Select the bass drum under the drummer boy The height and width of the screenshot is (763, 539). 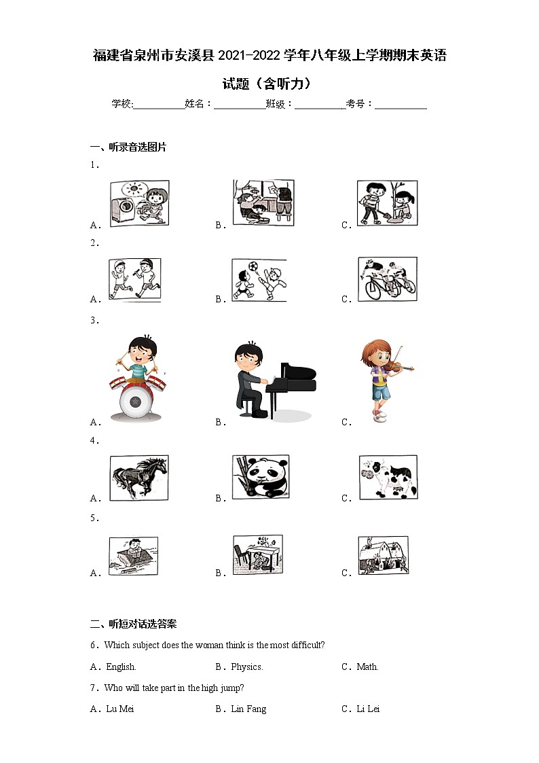(x=136, y=402)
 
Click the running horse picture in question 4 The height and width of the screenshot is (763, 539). (x=139, y=478)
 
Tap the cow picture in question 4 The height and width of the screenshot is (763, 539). (x=388, y=478)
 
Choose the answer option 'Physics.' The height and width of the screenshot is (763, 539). (x=247, y=667)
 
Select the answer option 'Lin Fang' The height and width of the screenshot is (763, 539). (x=248, y=709)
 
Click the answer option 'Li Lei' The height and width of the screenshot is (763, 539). (x=368, y=709)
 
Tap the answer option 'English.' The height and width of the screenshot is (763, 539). (x=121, y=667)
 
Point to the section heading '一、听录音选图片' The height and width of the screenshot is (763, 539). (x=128, y=147)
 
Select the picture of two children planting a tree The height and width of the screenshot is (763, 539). (x=388, y=203)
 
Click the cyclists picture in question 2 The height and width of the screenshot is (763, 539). (x=388, y=279)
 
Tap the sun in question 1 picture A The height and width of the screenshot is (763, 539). (x=131, y=188)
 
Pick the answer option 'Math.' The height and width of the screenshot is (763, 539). (x=367, y=667)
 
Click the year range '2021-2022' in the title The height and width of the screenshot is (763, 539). (x=249, y=56)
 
